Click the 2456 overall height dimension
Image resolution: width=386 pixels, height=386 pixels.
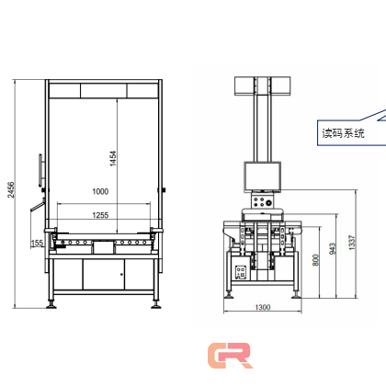tap(11, 190)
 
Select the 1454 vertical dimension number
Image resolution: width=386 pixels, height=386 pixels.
tap(113, 158)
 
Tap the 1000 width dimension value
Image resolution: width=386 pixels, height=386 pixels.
tap(100, 191)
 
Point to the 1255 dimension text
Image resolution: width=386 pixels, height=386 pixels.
tap(100, 215)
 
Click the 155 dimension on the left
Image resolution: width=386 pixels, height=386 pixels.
tap(37, 244)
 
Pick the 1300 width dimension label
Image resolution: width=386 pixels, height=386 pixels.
tap(263, 307)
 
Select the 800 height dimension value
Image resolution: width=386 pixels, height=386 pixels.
tap(316, 260)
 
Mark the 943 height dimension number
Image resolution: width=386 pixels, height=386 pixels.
tap(333, 248)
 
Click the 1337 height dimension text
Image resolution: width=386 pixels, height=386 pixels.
tap(352, 243)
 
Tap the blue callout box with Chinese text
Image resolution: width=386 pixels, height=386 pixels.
tap(343, 133)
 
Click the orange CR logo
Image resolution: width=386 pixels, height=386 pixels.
tap(230, 356)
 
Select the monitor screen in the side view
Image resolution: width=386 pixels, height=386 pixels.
tap(263, 176)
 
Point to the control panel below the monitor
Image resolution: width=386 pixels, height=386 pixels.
tap(262, 201)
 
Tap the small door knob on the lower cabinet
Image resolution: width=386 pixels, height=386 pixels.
tap(121, 274)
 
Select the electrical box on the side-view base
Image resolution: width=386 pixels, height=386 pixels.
tap(241, 272)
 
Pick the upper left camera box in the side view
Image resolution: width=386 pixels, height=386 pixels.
tap(244, 86)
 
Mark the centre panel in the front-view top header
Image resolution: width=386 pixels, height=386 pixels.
tap(104, 91)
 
